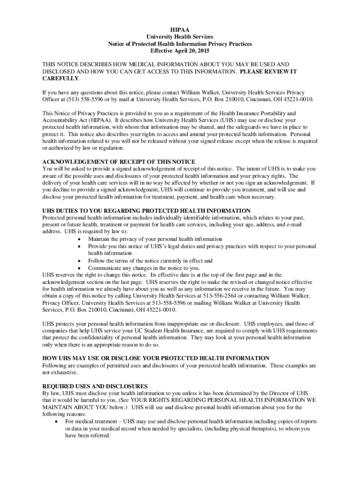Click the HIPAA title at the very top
point(180,29)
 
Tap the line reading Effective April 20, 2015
point(180,51)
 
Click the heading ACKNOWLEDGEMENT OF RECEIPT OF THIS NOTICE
point(119,162)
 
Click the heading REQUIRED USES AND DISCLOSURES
point(95,386)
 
